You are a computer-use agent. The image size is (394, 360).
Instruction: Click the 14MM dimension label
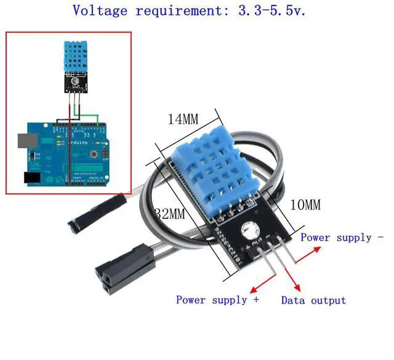click(183, 119)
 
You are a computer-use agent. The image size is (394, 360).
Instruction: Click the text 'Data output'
click(313, 300)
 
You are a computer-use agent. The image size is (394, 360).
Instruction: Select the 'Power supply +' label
click(217, 300)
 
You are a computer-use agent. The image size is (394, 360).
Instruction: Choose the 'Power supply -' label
click(342, 237)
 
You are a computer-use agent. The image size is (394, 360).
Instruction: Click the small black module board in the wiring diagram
click(75, 84)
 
